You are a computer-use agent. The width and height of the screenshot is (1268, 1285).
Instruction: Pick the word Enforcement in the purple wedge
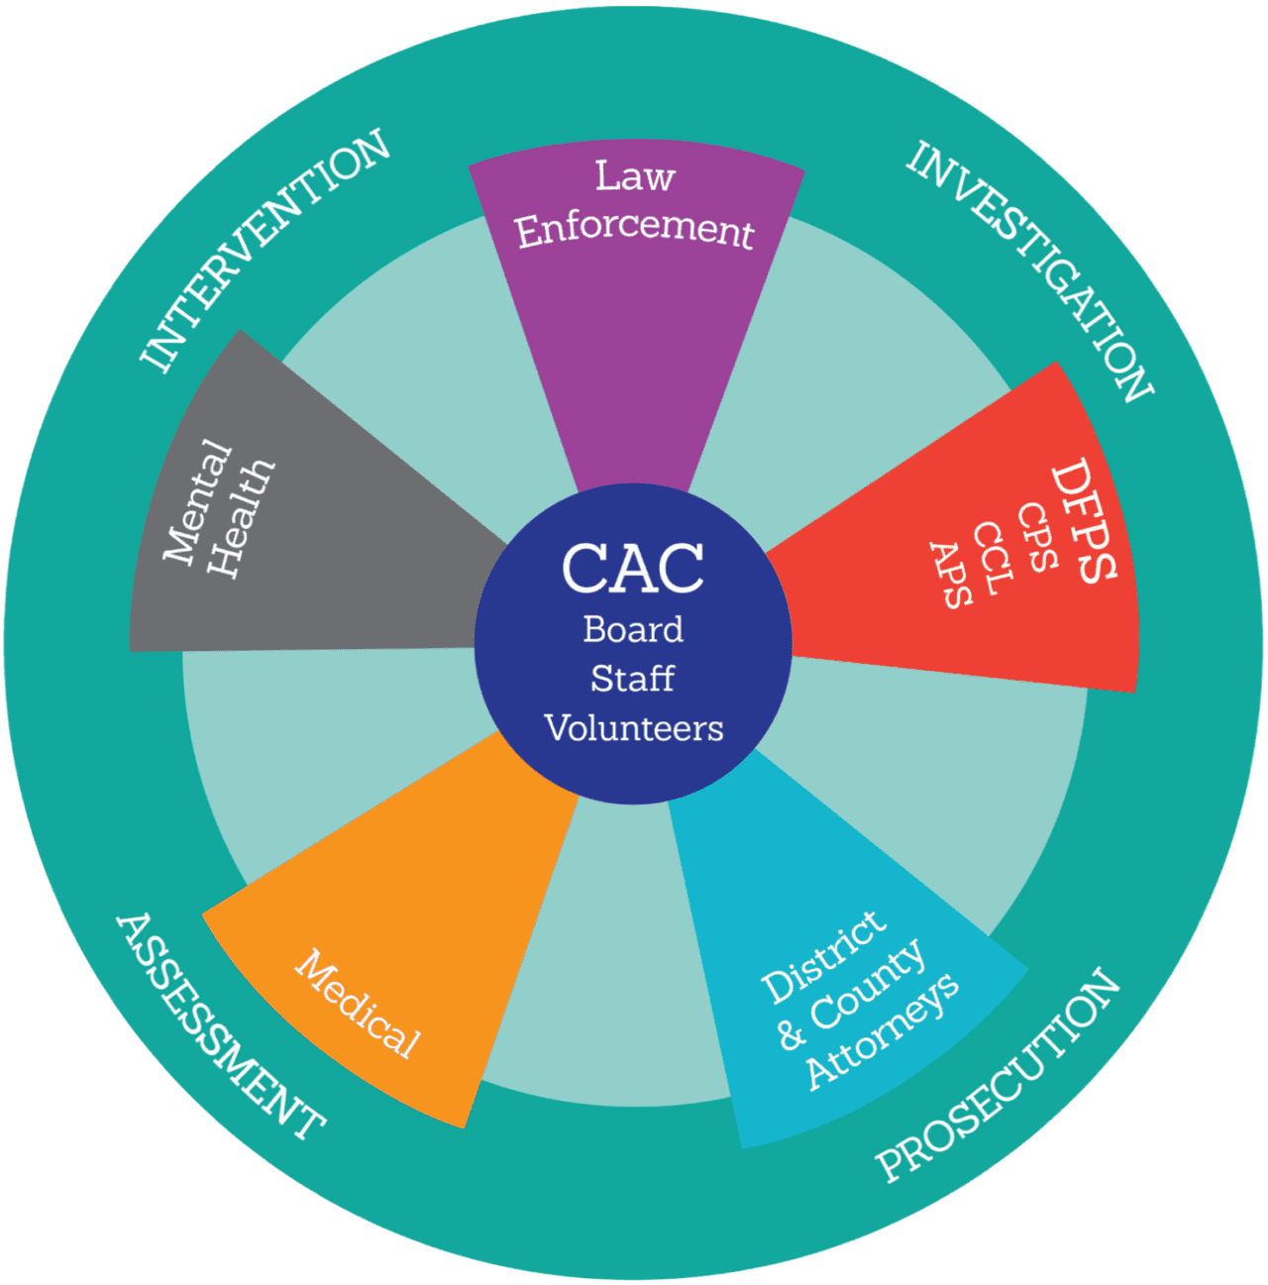634,230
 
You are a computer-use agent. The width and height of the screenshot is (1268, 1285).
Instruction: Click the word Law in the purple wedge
635,176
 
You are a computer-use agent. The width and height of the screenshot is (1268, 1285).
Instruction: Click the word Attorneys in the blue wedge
882,1030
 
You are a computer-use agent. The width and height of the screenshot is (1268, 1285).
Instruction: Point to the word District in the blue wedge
822,955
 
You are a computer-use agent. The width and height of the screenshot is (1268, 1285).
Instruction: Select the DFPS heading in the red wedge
1084,519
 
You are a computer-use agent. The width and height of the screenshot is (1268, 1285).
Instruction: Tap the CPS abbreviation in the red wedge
1037,537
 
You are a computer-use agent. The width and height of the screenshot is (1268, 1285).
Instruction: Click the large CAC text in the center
633,569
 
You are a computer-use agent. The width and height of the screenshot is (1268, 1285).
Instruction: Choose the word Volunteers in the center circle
634,728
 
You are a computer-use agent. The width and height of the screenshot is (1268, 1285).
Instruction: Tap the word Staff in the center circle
632,679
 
